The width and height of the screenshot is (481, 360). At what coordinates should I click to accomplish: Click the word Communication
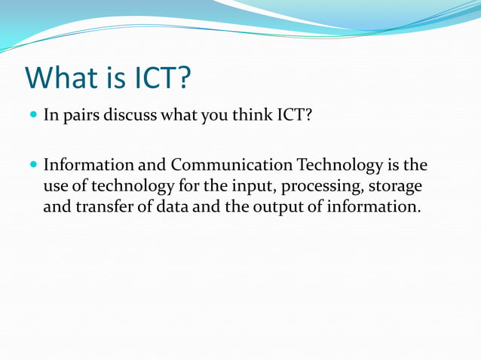234,165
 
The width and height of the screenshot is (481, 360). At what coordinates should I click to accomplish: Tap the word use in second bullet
56,186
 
